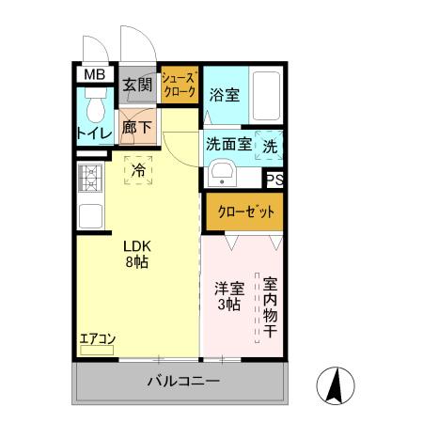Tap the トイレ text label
pos(93,134)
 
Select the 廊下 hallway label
pos(135,126)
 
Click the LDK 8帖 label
pos(137,255)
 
